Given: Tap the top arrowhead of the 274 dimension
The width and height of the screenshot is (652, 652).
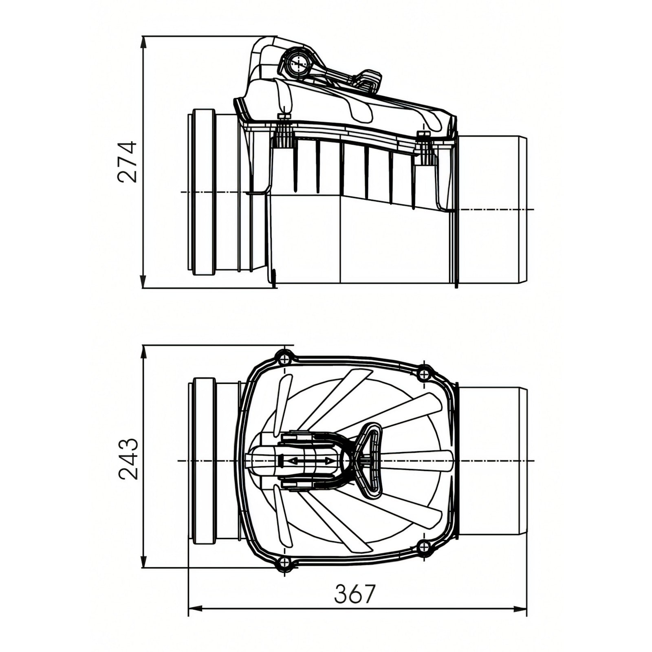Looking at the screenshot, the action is coord(143,43).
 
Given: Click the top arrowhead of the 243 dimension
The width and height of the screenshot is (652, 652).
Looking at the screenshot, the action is coord(143,352).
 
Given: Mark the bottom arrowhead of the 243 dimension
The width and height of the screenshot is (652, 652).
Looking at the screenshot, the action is coord(143,560).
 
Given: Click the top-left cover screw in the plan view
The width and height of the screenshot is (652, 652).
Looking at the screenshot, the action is coord(284,357).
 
